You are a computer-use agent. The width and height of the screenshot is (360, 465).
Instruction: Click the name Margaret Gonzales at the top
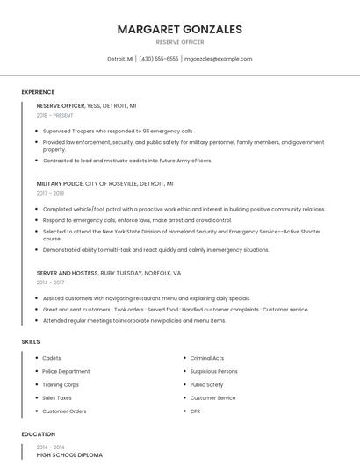pyautogui.click(x=179, y=29)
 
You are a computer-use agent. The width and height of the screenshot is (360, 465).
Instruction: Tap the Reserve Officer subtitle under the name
pyautogui.click(x=179, y=42)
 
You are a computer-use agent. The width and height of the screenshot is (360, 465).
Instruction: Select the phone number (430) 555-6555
pyautogui.click(x=159, y=59)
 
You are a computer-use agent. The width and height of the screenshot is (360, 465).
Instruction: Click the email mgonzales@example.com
pyautogui.click(x=218, y=59)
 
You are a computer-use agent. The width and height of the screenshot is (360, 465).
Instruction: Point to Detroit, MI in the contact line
pyautogui.click(x=120, y=59)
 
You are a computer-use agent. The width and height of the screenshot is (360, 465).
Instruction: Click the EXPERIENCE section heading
pyautogui.click(x=38, y=92)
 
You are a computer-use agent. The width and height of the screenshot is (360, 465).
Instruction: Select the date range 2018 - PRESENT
pyautogui.click(x=54, y=115)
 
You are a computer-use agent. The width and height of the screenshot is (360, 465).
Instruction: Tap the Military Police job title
pyautogui.click(x=60, y=184)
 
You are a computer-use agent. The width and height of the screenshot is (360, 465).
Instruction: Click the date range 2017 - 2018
pyautogui.click(x=50, y=193)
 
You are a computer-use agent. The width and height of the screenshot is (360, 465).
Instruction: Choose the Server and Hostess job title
pyautogui.click(x=68, y=273)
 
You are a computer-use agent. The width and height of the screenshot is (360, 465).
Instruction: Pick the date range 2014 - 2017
pyautogui.click(x=50, y=283)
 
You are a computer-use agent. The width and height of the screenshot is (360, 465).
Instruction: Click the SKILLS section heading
pyautogui.click(x=31, y=341)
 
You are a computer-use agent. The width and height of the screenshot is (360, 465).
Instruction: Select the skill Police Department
pyautogui.click(x=66, y=371)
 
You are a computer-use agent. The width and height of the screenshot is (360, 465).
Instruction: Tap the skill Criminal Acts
pyautogui.click(x=207, y=358)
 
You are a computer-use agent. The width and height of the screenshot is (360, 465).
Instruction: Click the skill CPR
pyautogui.click(x=196, y=411)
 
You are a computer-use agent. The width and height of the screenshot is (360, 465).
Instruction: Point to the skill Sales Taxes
pyautogui.click(x=57, y=397)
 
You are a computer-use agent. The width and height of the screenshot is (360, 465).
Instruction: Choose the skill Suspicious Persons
pyautogui.click(x=213, y=371)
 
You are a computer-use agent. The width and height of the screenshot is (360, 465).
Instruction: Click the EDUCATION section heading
pyautogui.click(x=38, y=434)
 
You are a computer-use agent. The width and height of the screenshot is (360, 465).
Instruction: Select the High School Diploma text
pyautogui.click(x=69, y=455)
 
